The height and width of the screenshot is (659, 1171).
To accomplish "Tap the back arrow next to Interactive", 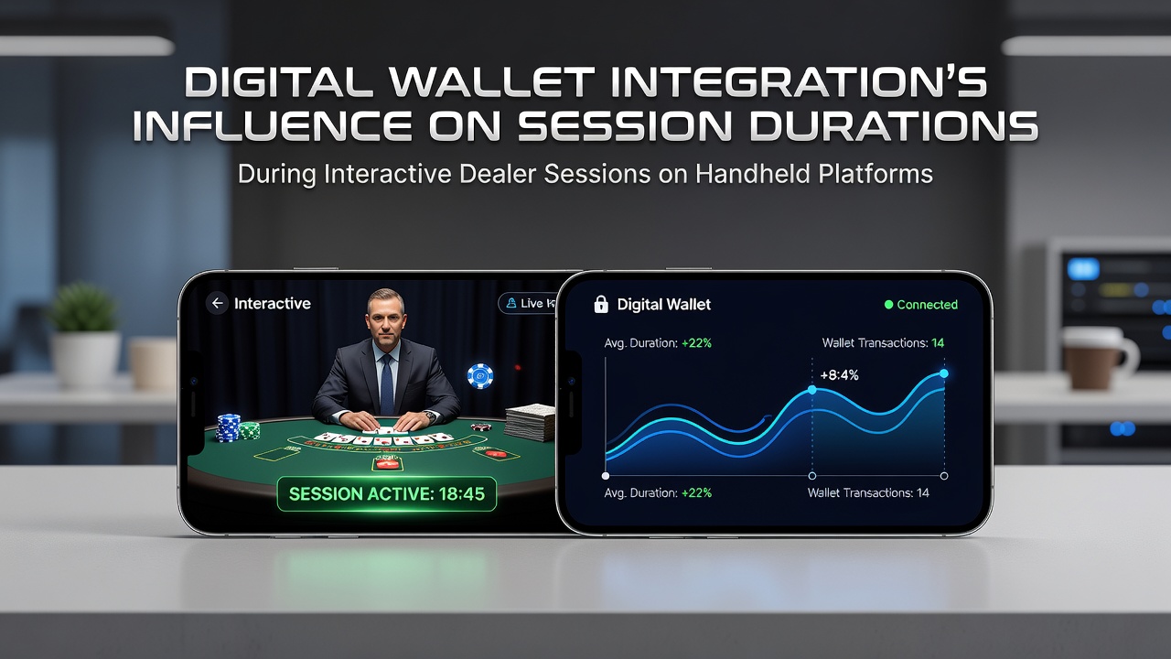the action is click(217, 303).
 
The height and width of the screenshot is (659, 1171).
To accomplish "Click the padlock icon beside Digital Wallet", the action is click(601, 304).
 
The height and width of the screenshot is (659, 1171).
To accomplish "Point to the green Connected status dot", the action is click(888, 305).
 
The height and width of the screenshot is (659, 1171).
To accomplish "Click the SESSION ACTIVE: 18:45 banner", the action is click(387, 493).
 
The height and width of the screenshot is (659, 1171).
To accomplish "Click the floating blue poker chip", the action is click(480, 376).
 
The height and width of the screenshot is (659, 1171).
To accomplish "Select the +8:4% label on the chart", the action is click(839, 375).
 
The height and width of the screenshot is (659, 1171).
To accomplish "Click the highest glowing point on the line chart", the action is click(943, 373).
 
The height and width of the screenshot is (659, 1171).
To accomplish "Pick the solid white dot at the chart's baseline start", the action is click(606, 476).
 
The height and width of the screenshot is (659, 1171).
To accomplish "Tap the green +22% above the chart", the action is click(696, 343).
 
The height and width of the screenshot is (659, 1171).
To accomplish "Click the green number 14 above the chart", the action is click(938, 343).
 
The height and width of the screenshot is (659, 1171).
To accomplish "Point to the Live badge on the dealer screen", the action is click(528, 303).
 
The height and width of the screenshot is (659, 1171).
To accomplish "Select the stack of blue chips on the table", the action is click(229, 427).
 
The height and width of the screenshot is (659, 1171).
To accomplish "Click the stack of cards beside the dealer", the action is click(531, 422).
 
